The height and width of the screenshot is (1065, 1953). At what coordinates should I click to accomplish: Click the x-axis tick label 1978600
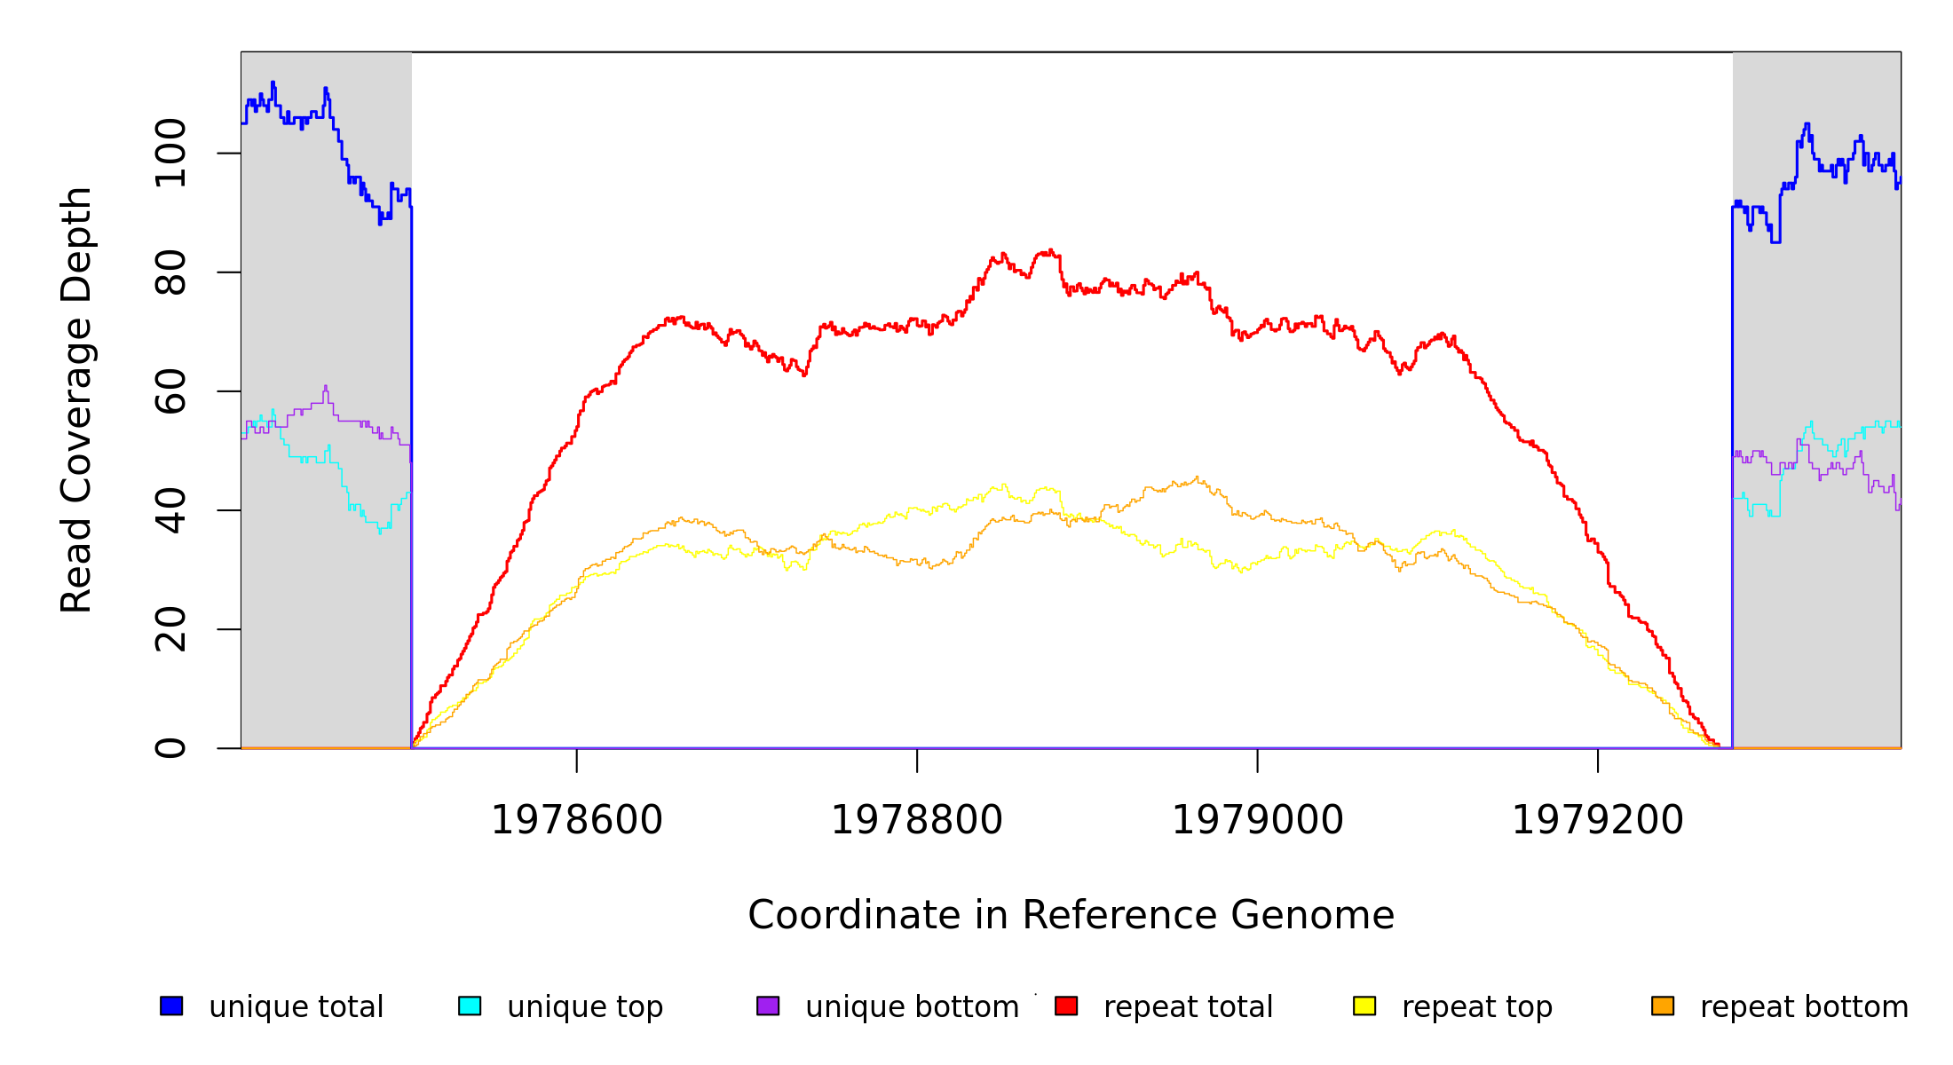click(577, 820)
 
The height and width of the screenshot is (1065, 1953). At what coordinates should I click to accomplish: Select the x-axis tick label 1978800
click(917, 820)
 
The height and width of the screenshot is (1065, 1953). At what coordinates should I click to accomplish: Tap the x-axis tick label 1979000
click(1258, 820)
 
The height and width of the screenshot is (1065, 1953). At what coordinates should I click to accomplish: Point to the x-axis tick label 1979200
click(1598, 820)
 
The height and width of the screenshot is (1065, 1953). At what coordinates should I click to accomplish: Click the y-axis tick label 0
click(170, 748)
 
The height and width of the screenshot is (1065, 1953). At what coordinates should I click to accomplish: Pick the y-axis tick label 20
click(170, 629)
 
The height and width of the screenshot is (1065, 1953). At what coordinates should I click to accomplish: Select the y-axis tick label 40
click(170, 510)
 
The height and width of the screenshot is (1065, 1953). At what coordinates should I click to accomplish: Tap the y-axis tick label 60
click(170, 391)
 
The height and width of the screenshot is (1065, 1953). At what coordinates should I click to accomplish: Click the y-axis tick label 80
click(170, 272)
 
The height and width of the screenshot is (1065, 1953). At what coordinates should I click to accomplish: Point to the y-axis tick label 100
click(170, 154)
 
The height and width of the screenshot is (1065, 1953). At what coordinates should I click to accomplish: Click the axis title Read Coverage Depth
click(76, 399)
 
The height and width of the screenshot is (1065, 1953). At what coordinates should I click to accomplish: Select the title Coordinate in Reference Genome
click(1071, 915)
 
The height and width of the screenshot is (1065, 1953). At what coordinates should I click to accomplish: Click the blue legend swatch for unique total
click(171, 1006)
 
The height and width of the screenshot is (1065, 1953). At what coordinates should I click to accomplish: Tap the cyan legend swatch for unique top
click(470, 1006)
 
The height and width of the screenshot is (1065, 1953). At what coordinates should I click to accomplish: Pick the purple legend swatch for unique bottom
click(768, 1006)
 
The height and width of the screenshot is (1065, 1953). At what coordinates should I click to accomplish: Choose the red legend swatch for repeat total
click(1066, 1006)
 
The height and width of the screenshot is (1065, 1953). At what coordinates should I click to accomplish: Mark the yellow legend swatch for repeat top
click(1364, 1006)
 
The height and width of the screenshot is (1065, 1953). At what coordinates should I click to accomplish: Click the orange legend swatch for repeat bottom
click(1663, 1006)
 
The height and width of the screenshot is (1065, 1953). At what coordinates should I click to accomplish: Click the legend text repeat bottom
click(1804, 1007)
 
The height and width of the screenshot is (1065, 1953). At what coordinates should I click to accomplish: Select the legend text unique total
click(297, 1007)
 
